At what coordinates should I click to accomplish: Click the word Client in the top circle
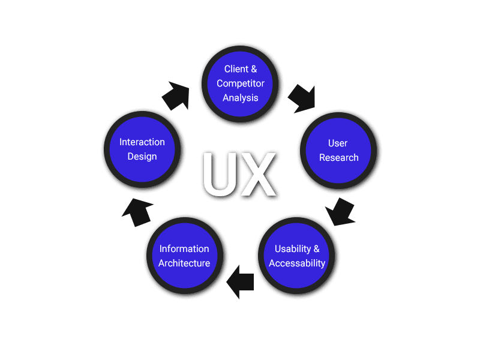click(x=236, y=69)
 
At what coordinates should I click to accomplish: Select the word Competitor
click(x=241, y=83)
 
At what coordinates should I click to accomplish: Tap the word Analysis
click(x=241, y=97)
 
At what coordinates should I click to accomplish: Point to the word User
click(x=338, y=143)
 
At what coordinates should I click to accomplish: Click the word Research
click(x=339, y=157)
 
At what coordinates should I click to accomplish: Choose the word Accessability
click(x=297, y=263)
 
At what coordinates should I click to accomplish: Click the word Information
click(x=184, y=248)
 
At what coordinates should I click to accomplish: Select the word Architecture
click(x=184, y=263)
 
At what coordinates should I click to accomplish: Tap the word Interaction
click(x=142, y=142)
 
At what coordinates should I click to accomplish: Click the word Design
click(x=142, y=157)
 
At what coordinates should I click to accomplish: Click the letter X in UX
click(x=259, y=175)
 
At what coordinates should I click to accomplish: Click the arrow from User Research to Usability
click(x=341, y=212)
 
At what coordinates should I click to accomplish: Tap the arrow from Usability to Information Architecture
click(x=241, y=281)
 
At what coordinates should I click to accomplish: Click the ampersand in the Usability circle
click(x=316, y=248)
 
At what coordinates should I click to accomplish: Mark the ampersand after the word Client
click(x=253, y=69)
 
